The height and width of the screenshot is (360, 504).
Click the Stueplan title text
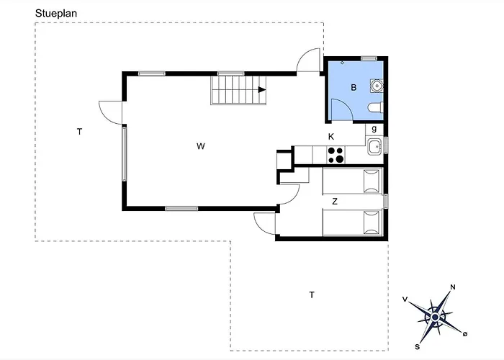pyautogui.click(x=56, y=14)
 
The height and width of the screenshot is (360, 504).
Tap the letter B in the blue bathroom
pyautogui.click(x=354, y=87)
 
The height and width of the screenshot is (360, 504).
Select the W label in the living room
pyautogui.click(x=201, y=146)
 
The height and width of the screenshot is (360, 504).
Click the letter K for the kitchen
pyautogui.click(x=331, y=137)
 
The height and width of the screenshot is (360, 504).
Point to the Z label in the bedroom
pyautogui.click(x=335, y=202)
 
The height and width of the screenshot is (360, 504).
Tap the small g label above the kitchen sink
pyautogui.click(x=374, y=129)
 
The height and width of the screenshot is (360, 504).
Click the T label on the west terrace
pyautogui.click(x=79, y=132)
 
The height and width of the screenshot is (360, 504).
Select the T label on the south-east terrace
pyautogui.click(x=312, y=294)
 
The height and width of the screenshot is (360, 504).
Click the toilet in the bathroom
pyautogui.click(x=375, y=107)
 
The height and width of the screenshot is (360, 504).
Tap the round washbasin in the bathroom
pyautogui.click(x=377, y=86)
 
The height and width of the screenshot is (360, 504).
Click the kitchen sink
pyautogui.click(x=374, y=147)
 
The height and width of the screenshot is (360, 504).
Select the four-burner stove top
pyautogui.click(x=336, y=155)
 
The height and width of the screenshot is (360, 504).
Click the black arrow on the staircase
pyautogui.click(x=262, y=90)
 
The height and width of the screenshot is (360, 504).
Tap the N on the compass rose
pyautogui.click(x=453, y=287)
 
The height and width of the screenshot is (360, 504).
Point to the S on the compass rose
pyautogui.click(x=417, y=346)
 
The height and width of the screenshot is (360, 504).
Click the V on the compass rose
pyautogui.click(x=405, y=300)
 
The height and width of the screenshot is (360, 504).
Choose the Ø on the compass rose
pyautogui.click(x=465, y=334)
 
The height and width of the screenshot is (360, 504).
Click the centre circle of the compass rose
pyautogui.click(x=435, y=318)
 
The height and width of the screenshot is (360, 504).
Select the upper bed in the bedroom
pyautogui.click(x=353, y=181)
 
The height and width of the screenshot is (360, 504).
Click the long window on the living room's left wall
pyautogui.click(x=124, y=154)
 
